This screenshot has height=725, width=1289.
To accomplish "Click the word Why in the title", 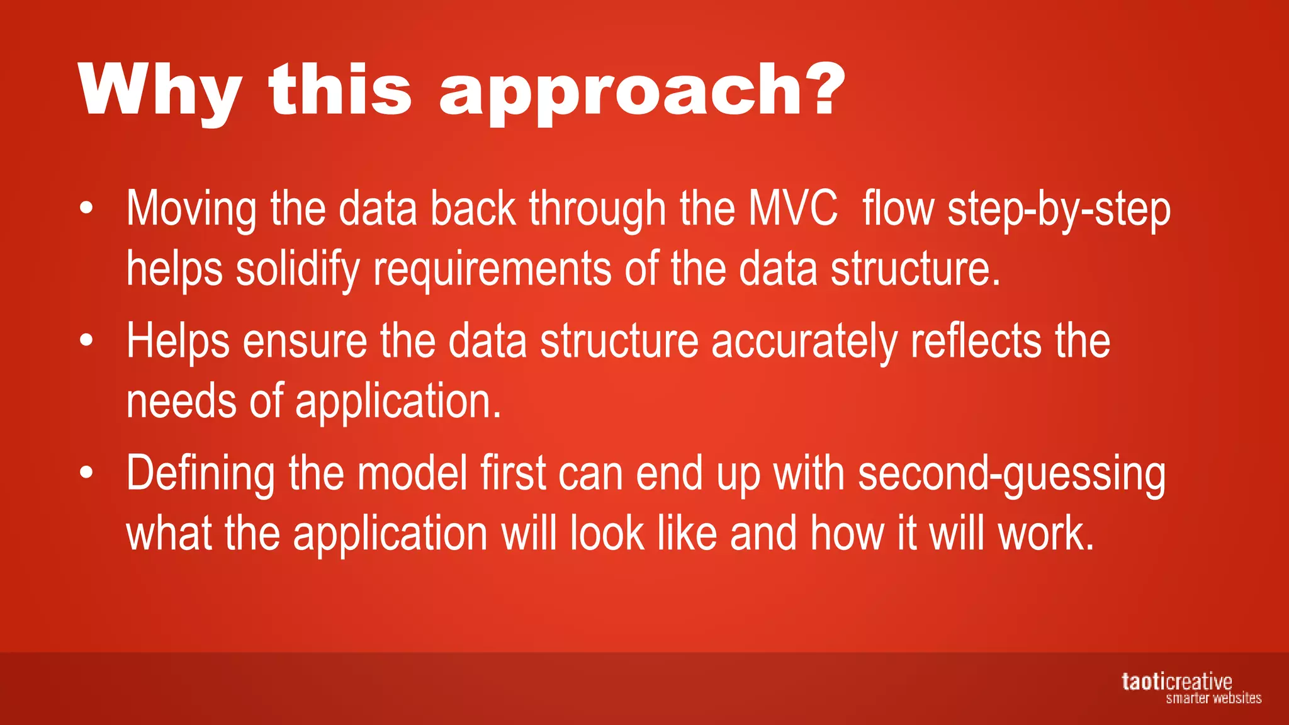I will [160, 91].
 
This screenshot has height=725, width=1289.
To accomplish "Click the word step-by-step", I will [1059, 211].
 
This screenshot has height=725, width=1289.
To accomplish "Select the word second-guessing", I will [1011, 475].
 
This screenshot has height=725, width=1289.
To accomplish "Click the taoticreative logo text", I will [1176, 682].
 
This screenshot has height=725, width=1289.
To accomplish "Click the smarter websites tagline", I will [1213, 698].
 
